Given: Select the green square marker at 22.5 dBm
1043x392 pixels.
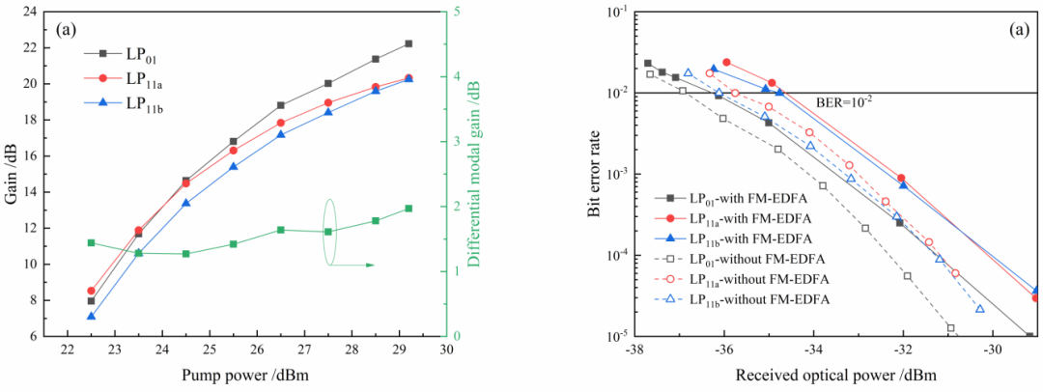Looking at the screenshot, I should (x=91, y=242).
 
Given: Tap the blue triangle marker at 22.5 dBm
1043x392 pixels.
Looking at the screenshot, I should (x=91, y=316).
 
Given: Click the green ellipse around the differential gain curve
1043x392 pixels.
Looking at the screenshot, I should (x=328, y=232).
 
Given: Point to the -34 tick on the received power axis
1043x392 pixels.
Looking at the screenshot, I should (x=813, y=349).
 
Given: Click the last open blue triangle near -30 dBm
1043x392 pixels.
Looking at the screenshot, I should (x=979, y=309).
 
